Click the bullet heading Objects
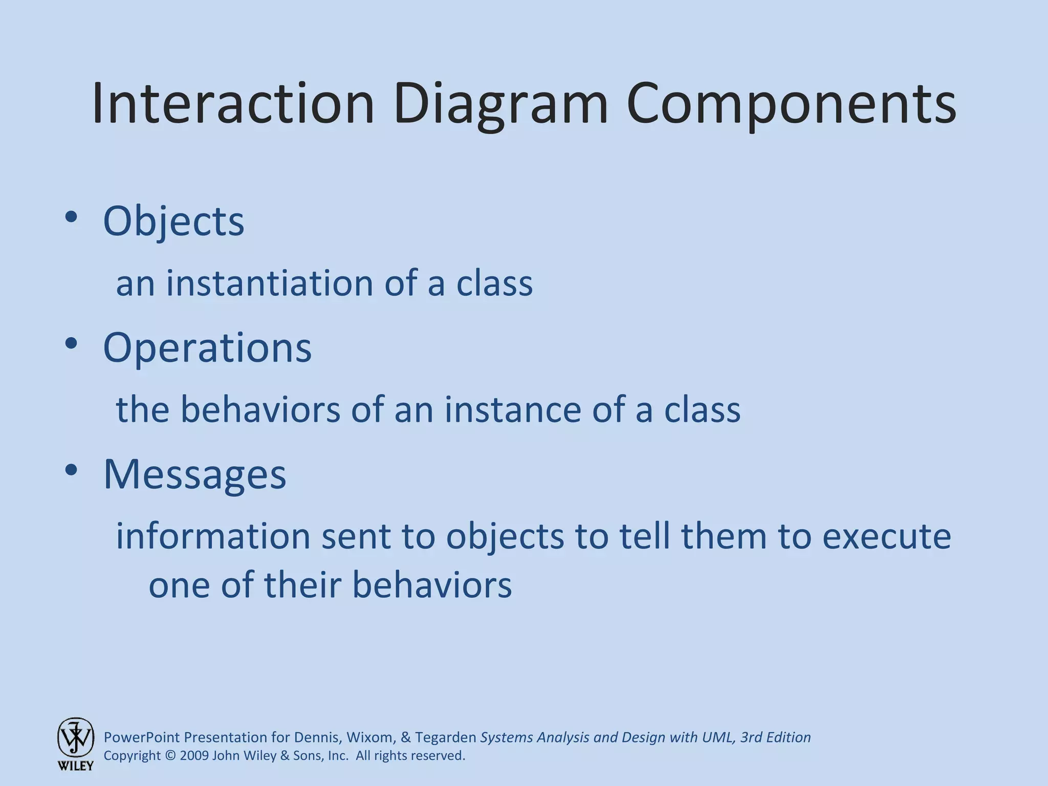coord(173,221)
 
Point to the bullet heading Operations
coord(207,347)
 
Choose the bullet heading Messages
coord(194,474)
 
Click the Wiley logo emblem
coord(76,737)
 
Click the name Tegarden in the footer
coord(445,737)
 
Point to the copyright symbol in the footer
coord(170,756)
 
